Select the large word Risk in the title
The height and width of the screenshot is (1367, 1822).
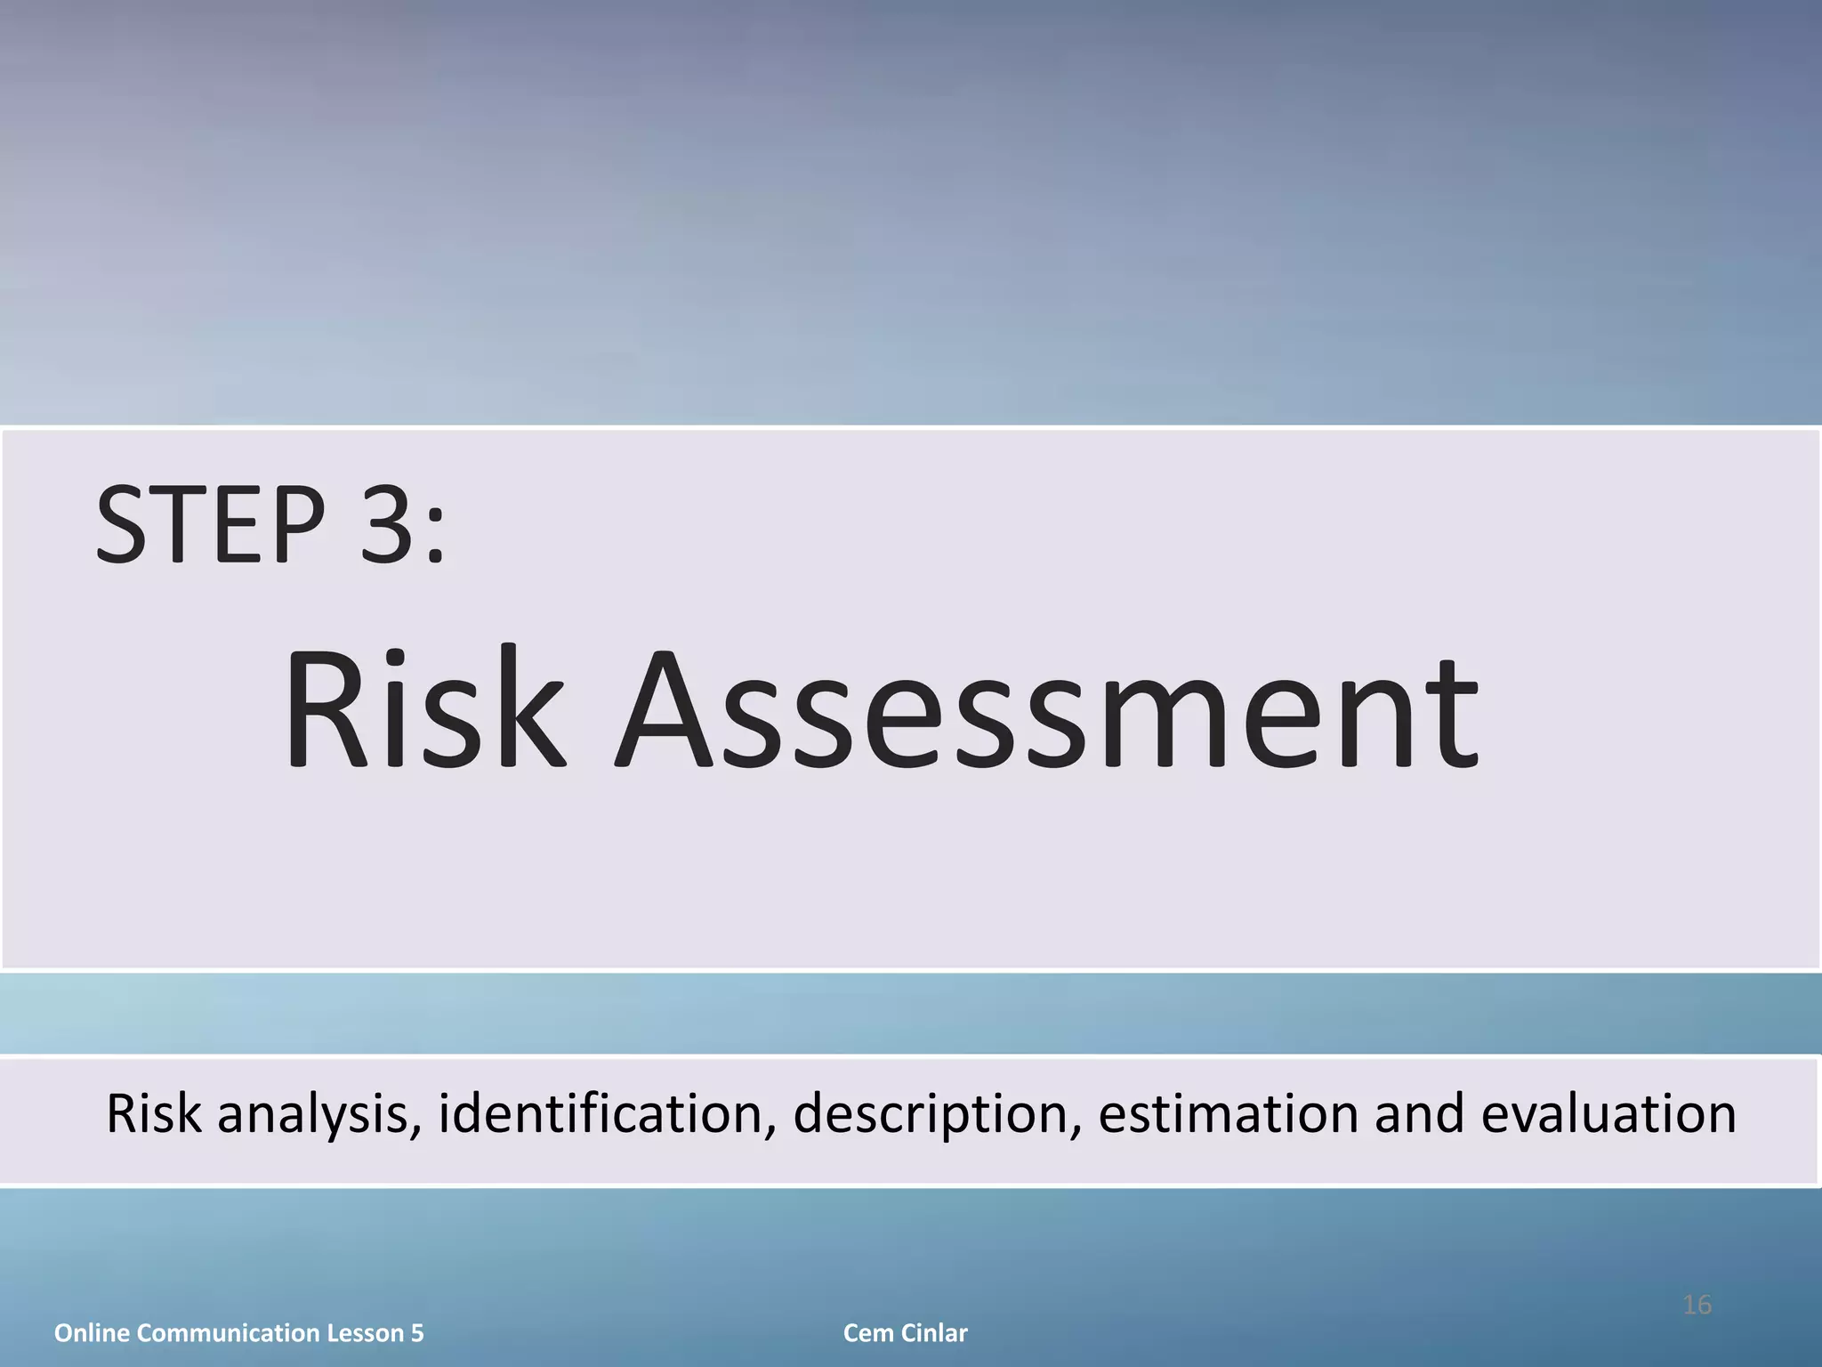pos(423,709)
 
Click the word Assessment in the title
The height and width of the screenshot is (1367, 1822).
pos(1048,709)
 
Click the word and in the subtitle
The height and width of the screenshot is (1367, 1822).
pos(1419,1113)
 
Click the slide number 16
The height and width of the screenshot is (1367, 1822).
pos(1697,1305)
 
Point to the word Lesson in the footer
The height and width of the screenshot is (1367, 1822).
pos(365,1333)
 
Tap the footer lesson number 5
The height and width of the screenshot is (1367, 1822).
pos(417,1333)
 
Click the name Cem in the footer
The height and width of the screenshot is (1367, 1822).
pos(863,1333)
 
